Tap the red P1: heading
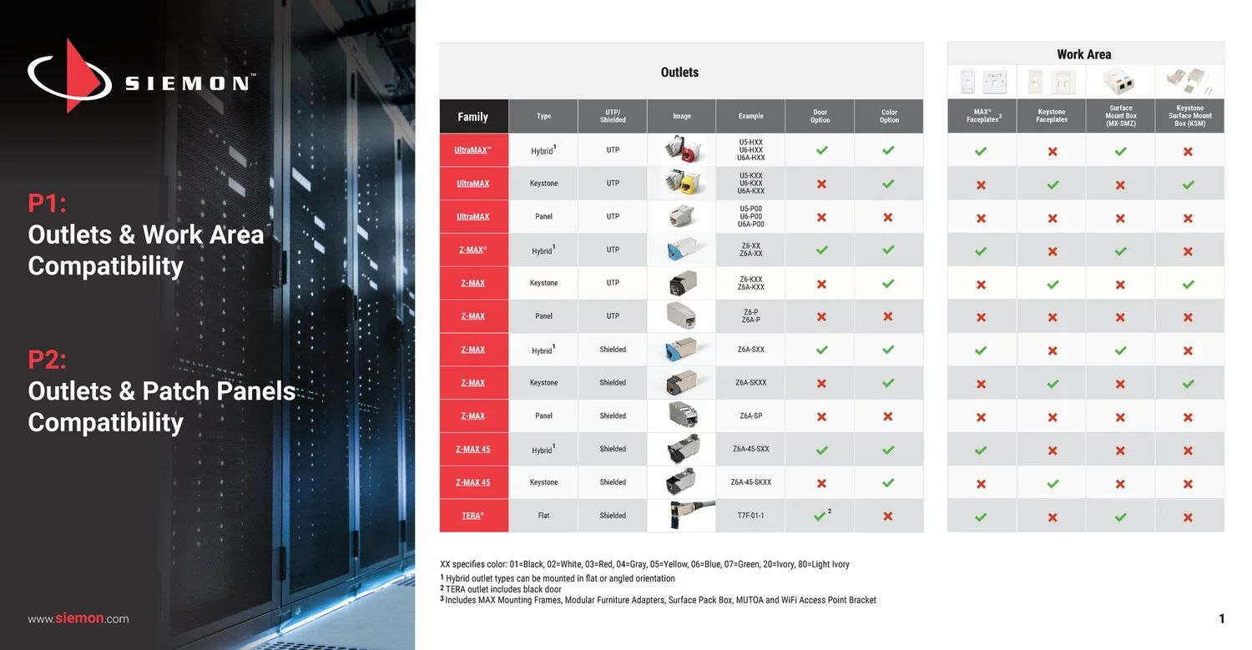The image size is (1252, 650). coord(47,203)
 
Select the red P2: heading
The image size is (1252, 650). coord(47,360)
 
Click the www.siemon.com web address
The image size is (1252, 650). coord(78,619)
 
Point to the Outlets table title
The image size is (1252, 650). coord(679,73)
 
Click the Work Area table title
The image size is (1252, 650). coord(1083,55)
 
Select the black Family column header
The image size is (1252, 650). coord(473,117)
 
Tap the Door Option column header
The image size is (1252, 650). coord(820,116)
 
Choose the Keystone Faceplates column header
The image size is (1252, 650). coord(1052,116)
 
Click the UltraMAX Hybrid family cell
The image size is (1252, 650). coord(473,150)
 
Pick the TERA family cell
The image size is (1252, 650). coord(473,516)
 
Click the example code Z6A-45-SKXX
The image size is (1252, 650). coord(750,482)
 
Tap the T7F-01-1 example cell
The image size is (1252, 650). coord(750,516)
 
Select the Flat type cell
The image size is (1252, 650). coord(543,516)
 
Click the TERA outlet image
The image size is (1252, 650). coord(681,516)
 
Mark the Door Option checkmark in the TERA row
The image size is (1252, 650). coord(820,516)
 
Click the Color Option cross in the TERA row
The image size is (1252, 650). coord(888,516)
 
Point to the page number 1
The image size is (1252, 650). coord(1222,619)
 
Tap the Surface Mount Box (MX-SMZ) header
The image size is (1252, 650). coord(1120,116)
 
